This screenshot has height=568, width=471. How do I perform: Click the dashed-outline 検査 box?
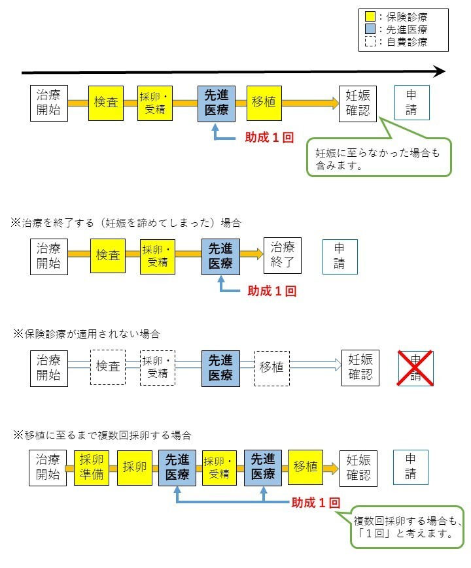108,367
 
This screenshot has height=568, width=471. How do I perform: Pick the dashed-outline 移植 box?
271,367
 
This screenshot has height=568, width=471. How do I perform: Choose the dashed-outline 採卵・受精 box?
158,367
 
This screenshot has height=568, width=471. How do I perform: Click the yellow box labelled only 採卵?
135,467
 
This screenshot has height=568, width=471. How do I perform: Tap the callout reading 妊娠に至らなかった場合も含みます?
379,158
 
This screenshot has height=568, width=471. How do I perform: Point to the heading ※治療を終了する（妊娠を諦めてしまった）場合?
126,223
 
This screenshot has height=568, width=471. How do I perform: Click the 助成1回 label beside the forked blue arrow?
316,503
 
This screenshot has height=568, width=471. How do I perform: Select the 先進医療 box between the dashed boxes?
220,367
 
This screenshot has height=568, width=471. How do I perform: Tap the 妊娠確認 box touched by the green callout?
358,103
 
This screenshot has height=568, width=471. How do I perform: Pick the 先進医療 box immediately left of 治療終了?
220,256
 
